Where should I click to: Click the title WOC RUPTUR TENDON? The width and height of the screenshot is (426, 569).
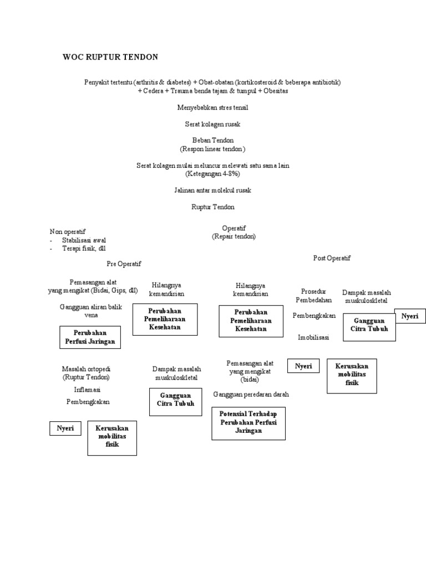pyautogui.click(x=110, y=57)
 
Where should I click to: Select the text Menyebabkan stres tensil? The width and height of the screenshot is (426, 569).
pyautogui.click(x=212, y=107)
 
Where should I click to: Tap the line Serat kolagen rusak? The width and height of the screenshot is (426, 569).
pyautogui.click(x=212, y=124)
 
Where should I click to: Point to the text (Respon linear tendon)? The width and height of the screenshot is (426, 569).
pyautogui.click(x=212, y=149)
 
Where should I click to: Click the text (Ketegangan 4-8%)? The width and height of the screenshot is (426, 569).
pyautogui.click(x=212, y=173)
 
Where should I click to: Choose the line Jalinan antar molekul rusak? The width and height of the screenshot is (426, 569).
pyautogui.click(x=212, y=190)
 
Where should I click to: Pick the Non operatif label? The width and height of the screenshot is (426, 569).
pyautogui.click(x=68, y=231)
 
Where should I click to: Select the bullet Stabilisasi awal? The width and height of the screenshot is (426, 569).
pyautogui.click(x=84, y=240)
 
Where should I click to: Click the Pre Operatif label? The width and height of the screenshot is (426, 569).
pyautogui.click(x=124, y=264)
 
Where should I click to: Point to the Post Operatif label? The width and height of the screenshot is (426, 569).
pyautogui.click(x=332, y=258)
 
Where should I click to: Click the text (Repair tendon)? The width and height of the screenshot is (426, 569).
pyautogui.click(x=234, y=236)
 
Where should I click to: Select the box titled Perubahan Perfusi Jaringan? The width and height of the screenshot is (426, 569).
pyautogui.click(x=90, y=337)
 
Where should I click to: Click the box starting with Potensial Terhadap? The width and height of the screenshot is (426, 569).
pyautogui.click(x=248, y=422)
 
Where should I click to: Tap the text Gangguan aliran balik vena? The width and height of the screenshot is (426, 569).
pyautogui.click(x=90, y=311)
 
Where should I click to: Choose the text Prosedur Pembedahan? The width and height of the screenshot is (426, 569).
pyautogui.click(x=313, y=296)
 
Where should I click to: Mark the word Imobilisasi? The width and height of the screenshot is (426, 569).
pyautogui.click(x=313, y=337)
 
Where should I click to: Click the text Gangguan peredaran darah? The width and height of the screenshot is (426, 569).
pyautogui.click(x=251, y=394)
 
